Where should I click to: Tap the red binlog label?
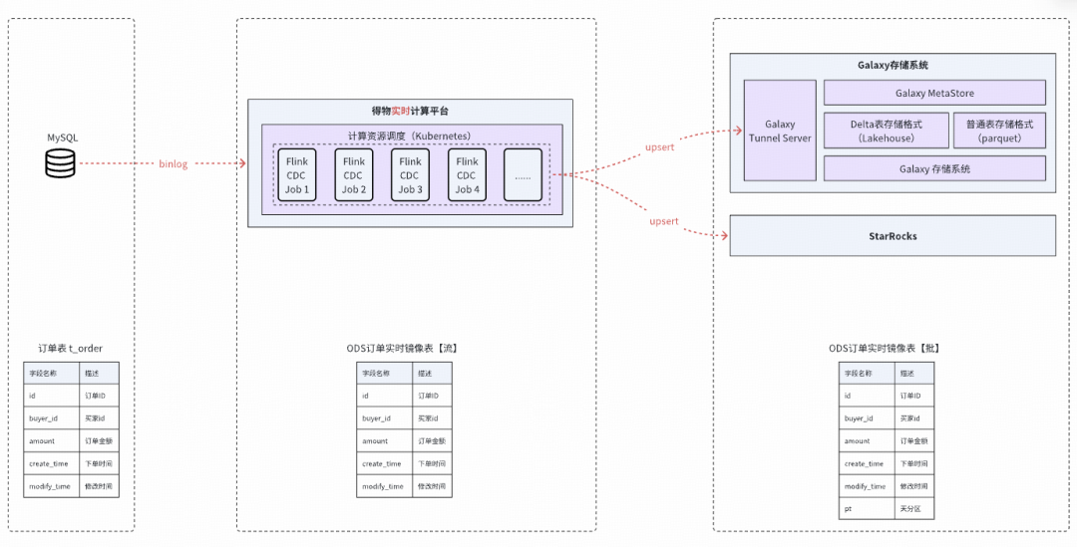point(174,162)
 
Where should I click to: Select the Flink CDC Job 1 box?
point(297,174)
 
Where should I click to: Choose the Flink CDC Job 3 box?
point(410,174)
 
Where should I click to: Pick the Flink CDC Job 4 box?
point(466,174)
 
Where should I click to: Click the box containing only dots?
point(523,174)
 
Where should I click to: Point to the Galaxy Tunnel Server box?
point(780,132)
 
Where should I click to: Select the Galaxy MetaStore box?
point(934,93)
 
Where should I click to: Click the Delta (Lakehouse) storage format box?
point(886,132)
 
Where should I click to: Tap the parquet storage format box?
point(999,132)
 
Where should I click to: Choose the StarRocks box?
point(893,236)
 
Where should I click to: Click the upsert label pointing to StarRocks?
point(663,221)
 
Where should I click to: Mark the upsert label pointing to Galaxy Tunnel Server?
point(660,146)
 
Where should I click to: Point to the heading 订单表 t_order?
point(71,348)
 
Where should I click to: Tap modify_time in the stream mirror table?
point(384,486)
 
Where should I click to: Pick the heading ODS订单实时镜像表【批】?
point(885,348)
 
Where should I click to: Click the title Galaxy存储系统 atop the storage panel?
point(893,65)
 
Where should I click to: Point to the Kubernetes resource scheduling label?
point(410,136)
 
